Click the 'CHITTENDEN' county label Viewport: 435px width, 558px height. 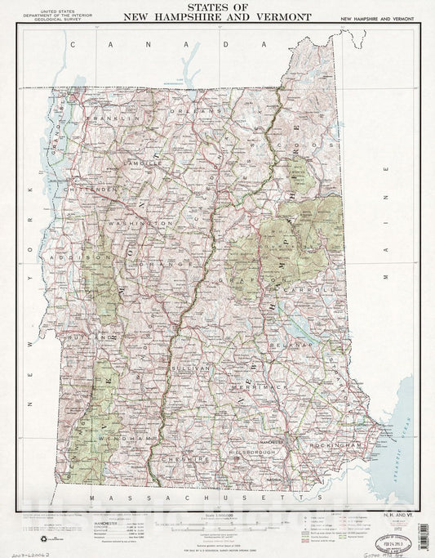(95, 190)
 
